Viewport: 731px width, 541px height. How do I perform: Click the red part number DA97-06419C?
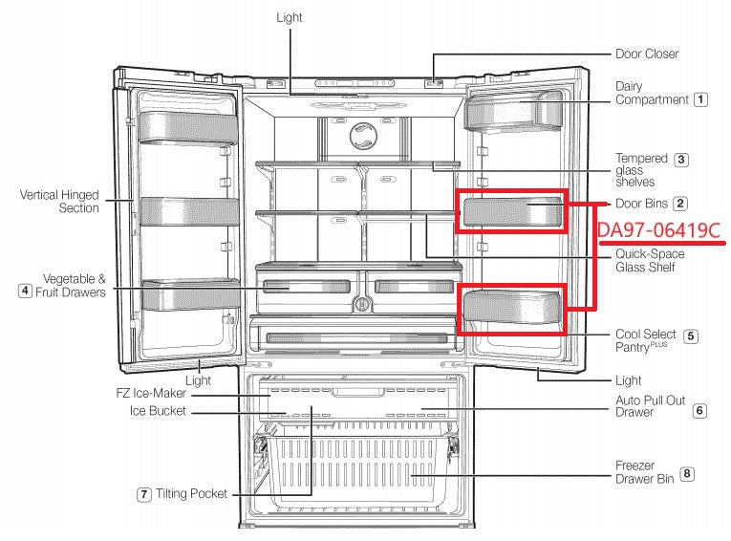(x=658, y=230)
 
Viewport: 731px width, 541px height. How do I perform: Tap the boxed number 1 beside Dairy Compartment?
(x=701, y=98)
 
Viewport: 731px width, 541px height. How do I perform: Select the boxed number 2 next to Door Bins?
(x=679, y=204)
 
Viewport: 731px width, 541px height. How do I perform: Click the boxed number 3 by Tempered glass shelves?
(x=680, y=160)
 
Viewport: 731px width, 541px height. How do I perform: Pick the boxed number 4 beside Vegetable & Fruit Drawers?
(x=25, y=292)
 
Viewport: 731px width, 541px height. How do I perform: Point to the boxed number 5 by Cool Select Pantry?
(x=691, y=335)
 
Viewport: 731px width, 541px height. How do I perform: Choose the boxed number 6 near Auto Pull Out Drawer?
(x=699, y=411)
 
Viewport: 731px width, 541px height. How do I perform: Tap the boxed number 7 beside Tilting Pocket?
(x=143, y=494)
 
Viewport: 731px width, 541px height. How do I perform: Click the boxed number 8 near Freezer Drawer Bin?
(x=688, y=472)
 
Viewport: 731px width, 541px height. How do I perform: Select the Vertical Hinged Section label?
(x=59, y=201)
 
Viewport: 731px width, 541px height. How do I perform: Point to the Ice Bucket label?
(x=159, y=411)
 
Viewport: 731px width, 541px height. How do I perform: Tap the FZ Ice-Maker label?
(x=158, y=395)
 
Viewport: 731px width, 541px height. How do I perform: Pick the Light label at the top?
(x=290, y=17)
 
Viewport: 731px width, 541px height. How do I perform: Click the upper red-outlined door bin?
(x=510, y=210)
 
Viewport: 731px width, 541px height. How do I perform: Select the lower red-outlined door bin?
(x=510, y=309)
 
